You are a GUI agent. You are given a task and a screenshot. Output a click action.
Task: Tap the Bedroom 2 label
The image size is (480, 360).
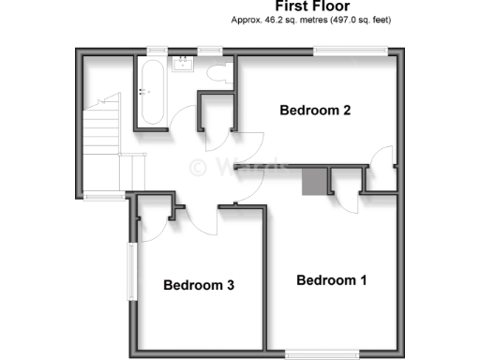(315, 111)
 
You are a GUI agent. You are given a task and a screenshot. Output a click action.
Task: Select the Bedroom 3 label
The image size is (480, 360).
(198, 286)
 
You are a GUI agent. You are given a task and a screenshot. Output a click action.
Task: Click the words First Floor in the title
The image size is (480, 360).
(311, 7)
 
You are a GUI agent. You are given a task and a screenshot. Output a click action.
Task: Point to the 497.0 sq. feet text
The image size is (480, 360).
(361, 20)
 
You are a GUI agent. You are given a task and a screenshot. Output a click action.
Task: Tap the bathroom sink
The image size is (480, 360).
(184, 65)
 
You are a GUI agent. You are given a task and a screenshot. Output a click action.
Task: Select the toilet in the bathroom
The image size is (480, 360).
(217, 77)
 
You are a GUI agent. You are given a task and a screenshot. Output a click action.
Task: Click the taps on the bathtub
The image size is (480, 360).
(143, 92)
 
